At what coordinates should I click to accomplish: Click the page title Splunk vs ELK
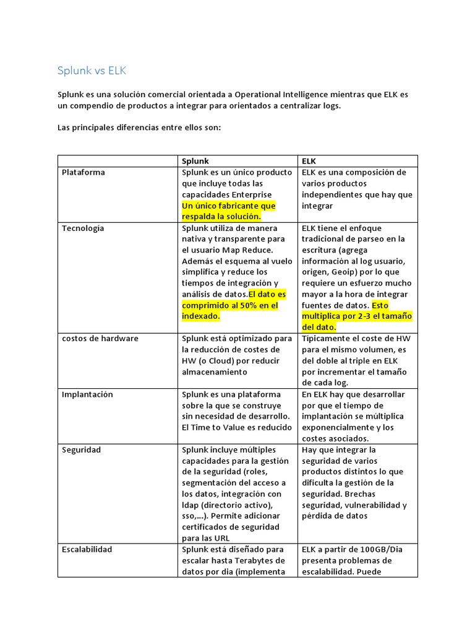(92, 71)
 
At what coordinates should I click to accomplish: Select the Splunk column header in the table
(195, 161)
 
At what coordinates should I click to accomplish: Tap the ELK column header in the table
(309, 161)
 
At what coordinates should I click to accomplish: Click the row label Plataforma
(83, 172)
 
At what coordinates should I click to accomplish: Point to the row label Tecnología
(83, 228)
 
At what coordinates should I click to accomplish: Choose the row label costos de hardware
(100, 339)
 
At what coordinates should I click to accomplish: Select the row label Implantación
(87, 394)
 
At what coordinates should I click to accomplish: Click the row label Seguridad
(81, 449)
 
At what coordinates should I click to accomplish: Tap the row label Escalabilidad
(87, 549)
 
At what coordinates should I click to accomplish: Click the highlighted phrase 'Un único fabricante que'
(229, 206)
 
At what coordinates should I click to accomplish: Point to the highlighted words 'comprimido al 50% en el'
(230, 305)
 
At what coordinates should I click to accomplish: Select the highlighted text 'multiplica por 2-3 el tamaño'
(357, 316)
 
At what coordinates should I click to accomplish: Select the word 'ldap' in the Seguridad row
(190, 505)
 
